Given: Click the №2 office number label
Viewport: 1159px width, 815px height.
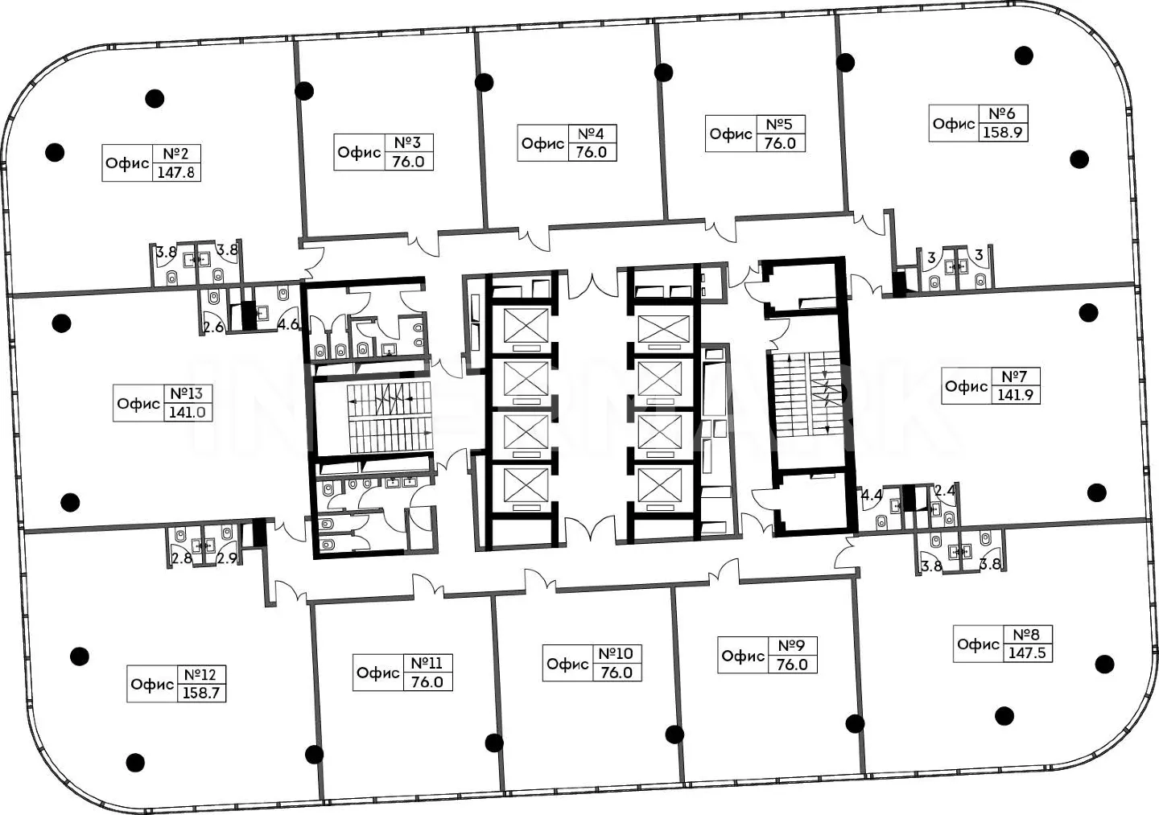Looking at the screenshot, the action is [x=176, y=154].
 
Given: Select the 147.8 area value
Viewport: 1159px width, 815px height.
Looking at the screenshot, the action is [x=176, y=172].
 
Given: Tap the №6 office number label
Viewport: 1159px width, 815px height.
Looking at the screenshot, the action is [x=1002, y=113].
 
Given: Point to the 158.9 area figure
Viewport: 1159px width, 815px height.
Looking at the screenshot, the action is [x=1002, y=133].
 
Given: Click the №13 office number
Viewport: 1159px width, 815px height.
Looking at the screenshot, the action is [x=188, y=393].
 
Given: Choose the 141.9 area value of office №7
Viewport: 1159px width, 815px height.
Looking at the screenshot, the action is [x=1015, y=395].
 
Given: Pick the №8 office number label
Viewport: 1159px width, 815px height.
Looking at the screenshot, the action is [x=1026, y=634].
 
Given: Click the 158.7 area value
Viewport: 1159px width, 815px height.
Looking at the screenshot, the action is [x=201, y=693].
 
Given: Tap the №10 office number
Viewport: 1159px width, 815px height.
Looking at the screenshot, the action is [x=617, y=653].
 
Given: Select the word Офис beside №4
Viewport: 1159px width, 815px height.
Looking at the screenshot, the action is [x=542, y=143].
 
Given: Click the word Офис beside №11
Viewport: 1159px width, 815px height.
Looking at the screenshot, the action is [x=378, y=673].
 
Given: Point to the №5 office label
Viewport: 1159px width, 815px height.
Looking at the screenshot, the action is [x=779, y=124].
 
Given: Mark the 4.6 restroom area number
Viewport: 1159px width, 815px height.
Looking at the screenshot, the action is [x=288, y=324].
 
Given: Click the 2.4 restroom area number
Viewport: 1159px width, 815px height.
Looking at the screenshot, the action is [x=945, y=490].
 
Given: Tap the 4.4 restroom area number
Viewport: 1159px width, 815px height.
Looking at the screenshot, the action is [x=872, y=495].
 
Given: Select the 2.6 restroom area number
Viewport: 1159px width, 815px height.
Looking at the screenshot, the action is [x=213, y=327].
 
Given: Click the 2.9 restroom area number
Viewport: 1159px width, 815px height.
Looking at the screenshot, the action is [x=227, y=558].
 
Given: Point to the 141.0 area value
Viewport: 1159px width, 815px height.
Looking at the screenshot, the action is [x=188, y=413].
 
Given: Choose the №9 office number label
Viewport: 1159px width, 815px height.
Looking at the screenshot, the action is [x=792, y=645].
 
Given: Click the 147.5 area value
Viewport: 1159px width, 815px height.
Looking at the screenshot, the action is [x=1027, y=653].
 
